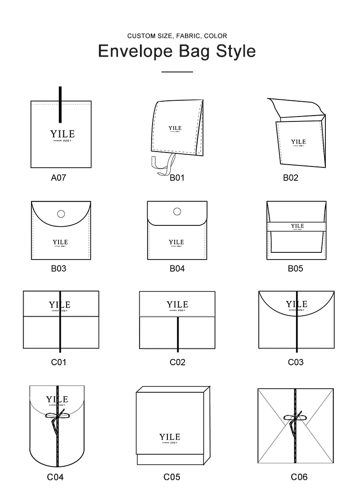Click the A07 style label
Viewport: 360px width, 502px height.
tap(58, 178)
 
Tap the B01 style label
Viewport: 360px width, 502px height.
tap(177, 178)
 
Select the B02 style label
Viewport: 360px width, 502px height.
tap(290, 178)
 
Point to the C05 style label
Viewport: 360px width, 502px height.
tap(171, 477)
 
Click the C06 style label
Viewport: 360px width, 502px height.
tap(299, 477)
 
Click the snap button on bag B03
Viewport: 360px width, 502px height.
tap(61, 214)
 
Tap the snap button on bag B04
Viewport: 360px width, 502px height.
tap(177, 211)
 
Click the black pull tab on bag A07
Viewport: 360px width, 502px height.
tap(60, 104)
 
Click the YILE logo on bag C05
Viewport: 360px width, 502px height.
tap(170, 437)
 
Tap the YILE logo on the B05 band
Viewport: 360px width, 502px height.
tap(297, 226)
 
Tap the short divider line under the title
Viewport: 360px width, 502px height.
tap(177, 72)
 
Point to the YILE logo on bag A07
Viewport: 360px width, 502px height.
tap(63, 134)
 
